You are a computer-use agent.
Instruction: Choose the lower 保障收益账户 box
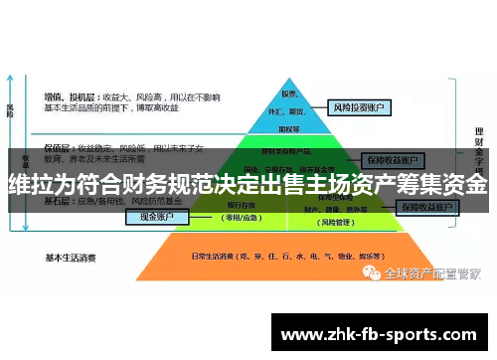coord(427,208)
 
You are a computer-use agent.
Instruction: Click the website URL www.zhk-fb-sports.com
coord(383,334)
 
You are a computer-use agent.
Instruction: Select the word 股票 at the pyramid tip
coord(290,93)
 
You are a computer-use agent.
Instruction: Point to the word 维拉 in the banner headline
coord(29,185)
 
